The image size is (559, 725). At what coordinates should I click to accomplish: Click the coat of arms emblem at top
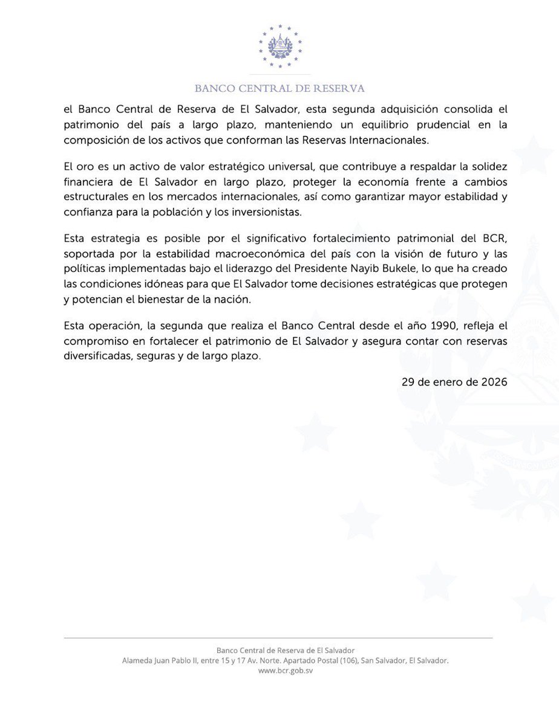coord(279,45)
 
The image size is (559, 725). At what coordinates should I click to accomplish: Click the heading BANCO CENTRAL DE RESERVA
coord(279,89)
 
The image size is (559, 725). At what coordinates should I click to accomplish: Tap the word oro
coord(90,166)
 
